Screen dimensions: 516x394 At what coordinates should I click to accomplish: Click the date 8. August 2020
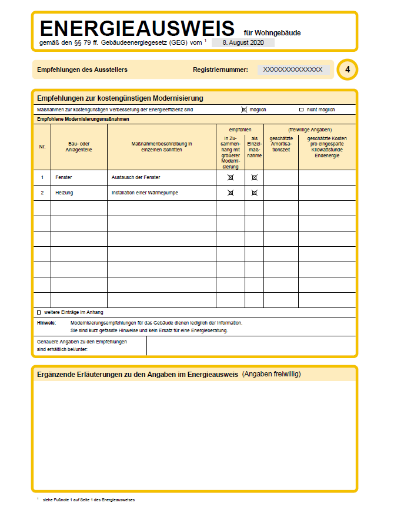[x=242, y=43]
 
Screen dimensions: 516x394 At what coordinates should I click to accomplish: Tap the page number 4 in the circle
[x=348, y=70]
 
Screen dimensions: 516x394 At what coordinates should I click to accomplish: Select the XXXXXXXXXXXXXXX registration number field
[x=293, y=70]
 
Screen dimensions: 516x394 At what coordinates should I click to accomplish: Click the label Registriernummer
[x=221, y=70]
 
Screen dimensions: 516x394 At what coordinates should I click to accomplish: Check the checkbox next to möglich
[x=244, y=110]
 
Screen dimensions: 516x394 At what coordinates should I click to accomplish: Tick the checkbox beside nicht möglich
[x=301, y=110]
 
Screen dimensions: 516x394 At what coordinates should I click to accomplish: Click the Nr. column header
[x=42, y=147]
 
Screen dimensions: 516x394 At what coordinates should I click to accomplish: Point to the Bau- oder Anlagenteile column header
[x=79, y=147]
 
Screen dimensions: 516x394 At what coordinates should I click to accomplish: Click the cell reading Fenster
[x=64, y=177]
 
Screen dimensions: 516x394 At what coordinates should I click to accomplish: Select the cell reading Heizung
[x=64, y=193]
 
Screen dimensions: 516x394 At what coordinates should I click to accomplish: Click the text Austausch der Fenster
[x=136, y=177]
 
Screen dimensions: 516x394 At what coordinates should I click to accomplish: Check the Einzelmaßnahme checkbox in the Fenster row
[x=254, y=177]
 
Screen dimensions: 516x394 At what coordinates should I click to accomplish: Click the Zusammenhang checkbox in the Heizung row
[x=231, y=193]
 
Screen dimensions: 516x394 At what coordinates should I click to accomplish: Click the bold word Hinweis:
[x=46, y=323]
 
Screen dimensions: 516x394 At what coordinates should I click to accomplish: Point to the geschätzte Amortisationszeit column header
[x=281, y=147]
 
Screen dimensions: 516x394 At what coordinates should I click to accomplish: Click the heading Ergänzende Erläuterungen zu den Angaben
[x=137, y=374]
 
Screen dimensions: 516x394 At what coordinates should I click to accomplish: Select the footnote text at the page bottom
[x=89, y=500]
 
